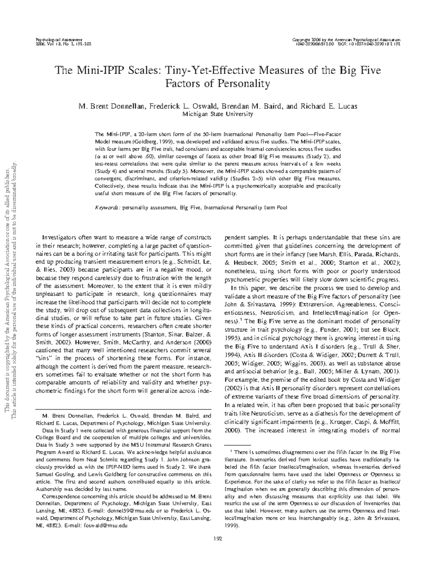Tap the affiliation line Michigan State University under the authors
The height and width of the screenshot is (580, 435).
(x=217, y=114)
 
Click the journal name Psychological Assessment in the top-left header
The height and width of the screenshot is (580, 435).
(x=58, y=39)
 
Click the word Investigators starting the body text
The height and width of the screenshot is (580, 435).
(x=58, y=238)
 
